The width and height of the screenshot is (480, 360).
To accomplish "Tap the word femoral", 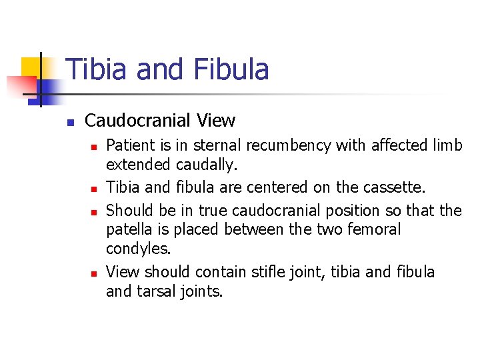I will [x=374, y=230].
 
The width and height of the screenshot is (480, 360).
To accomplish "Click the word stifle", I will [x=267, y=272].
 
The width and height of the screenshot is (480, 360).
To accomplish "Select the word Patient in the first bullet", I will [x=130, y=145].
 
